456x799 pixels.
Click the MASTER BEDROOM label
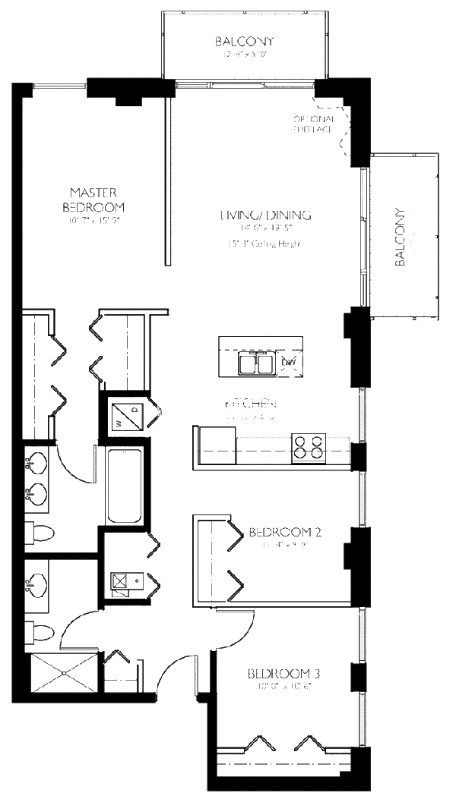click(93, 200)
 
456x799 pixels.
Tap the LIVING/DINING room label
click(265, 215)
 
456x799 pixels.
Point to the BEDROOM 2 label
click(285, 532)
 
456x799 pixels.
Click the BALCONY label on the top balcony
click(243, 42)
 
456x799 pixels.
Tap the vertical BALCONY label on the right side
click(401, 237)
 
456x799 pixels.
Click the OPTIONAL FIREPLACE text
click(313, 124)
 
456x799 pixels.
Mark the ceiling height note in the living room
click(264, 244)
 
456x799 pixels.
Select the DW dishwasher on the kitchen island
click(289, 363)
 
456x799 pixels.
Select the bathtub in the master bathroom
click(122, 486)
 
